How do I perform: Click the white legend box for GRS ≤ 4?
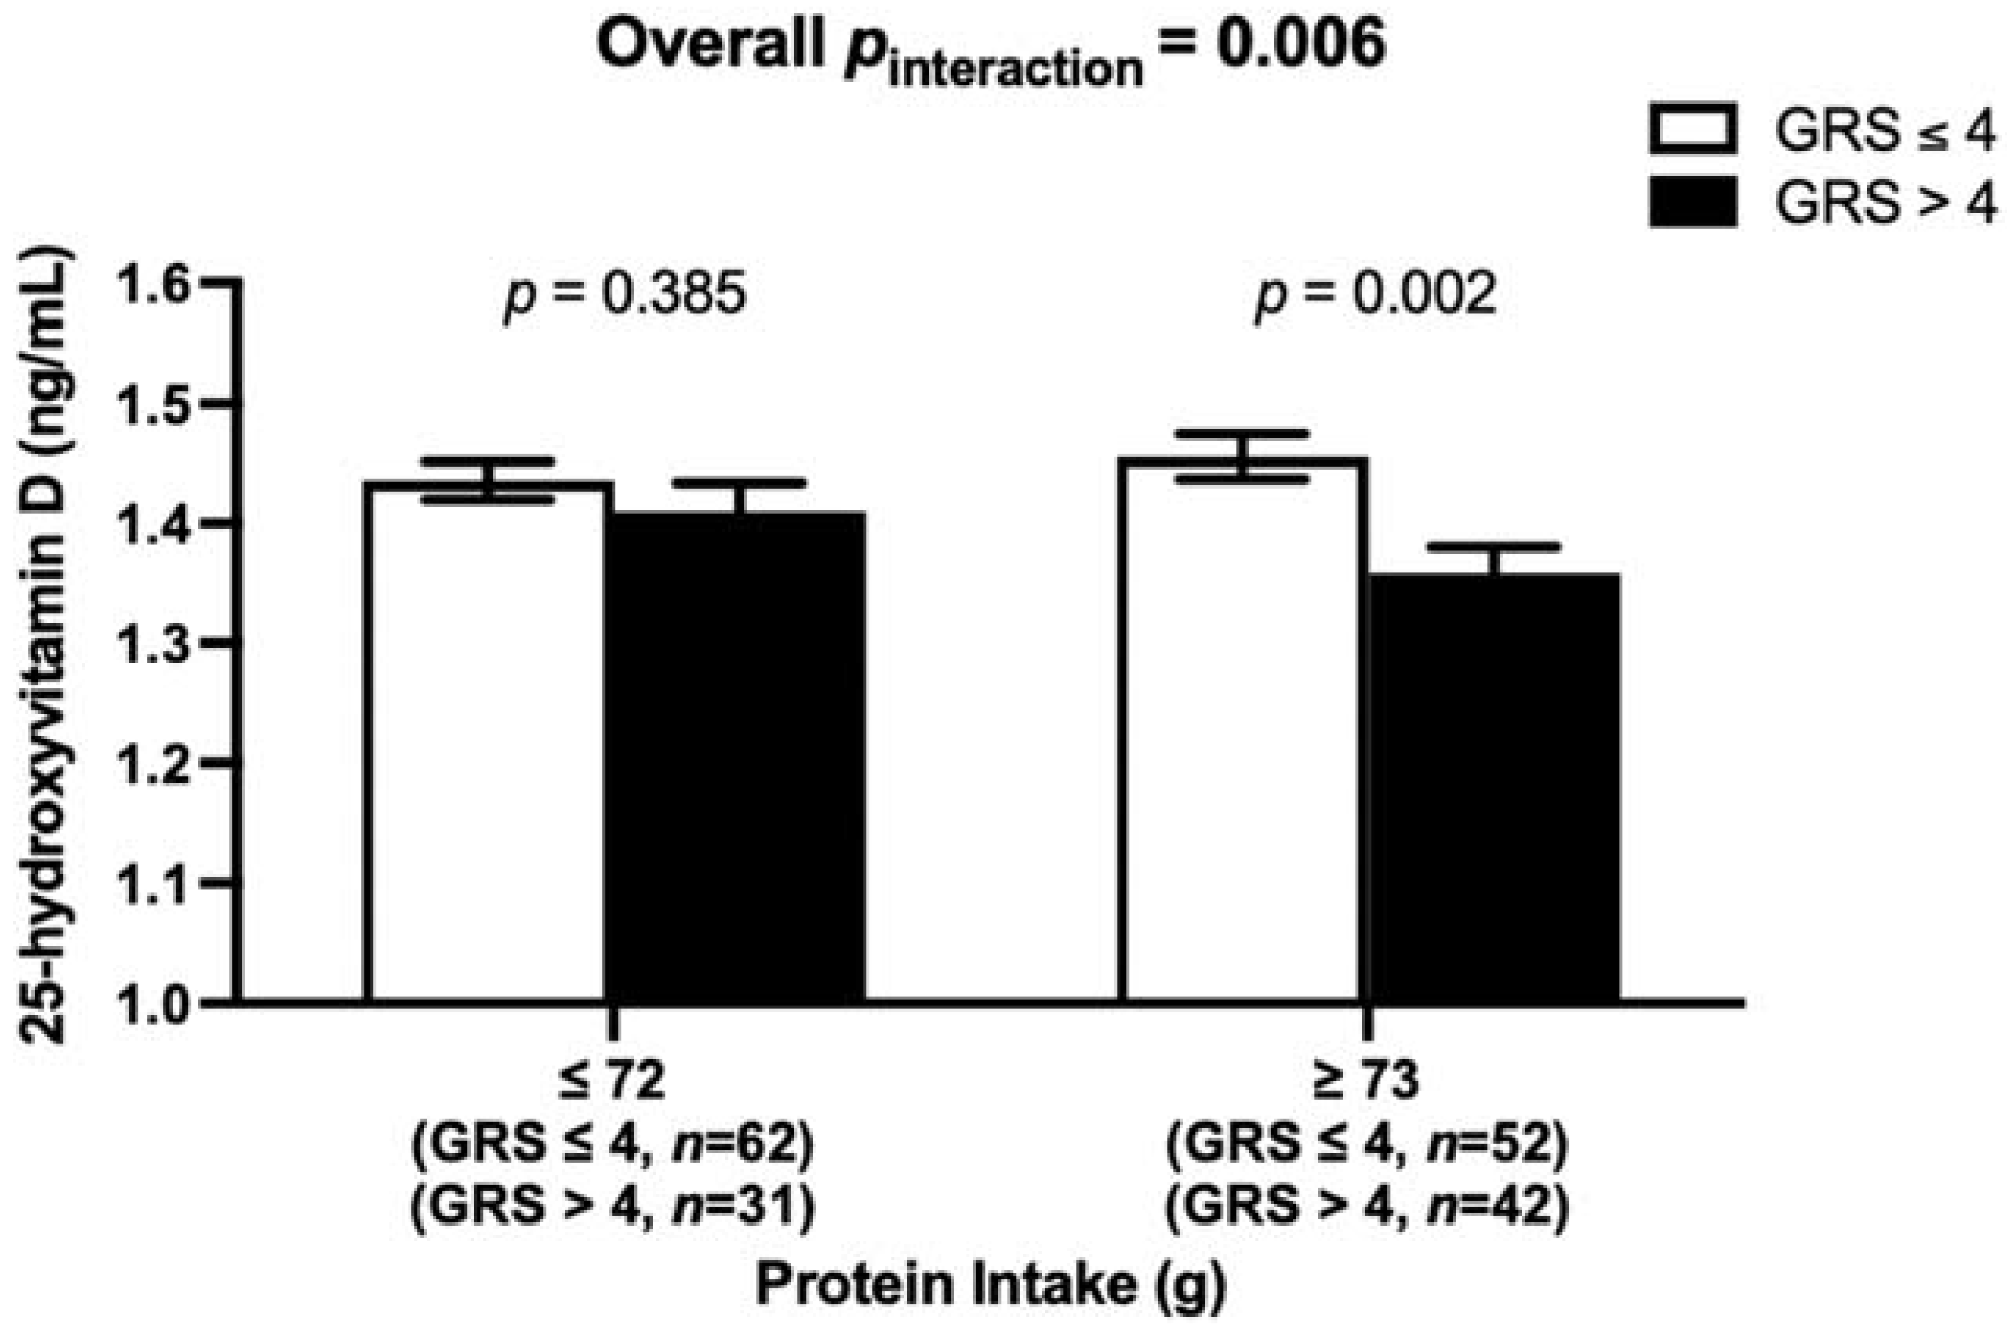[1692, 140]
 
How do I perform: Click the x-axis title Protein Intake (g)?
[990, 1285]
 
